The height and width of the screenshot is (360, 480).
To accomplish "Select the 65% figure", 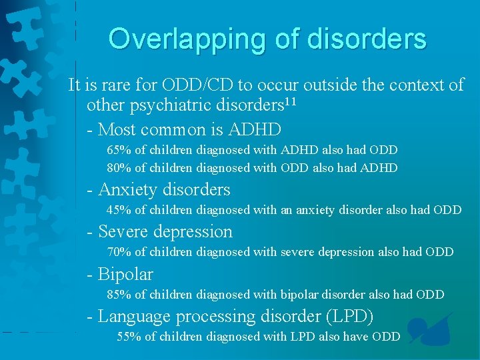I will click(x=119, y=151).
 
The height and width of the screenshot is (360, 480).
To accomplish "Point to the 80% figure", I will click(x=119, y=168).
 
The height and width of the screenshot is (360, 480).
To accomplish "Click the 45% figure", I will click(x=119, y=210).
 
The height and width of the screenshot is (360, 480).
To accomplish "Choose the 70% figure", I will click(x=119, y=252).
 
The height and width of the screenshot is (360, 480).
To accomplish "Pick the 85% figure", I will click(x=119, y=294).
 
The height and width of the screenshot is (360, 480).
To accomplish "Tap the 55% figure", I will click(x=129, y=337).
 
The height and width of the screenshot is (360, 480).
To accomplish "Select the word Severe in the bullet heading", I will click(x=123, y=232).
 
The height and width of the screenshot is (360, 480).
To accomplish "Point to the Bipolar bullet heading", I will click(x=125, y=274).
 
